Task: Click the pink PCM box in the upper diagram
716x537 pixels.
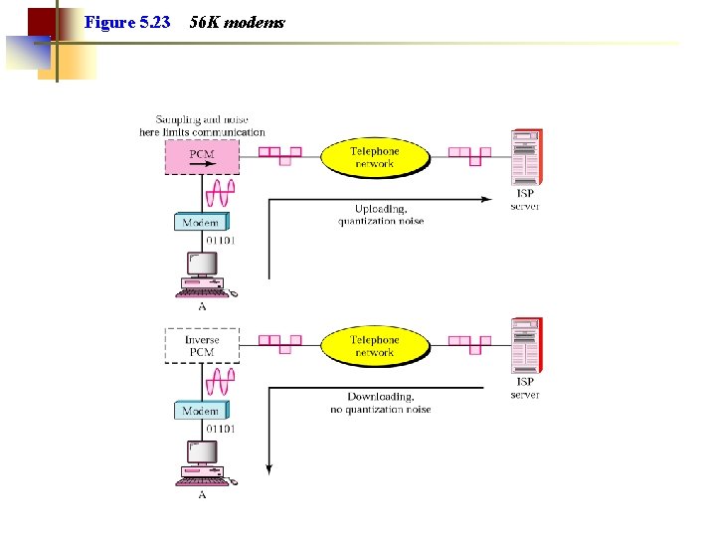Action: tap(201, 156)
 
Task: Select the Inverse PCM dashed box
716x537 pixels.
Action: tap(201, 345)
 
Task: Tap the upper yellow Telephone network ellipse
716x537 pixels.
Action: tap(374, 157)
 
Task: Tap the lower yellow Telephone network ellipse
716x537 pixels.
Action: tap(374, 345)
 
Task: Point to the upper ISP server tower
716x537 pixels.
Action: tap(525, 157)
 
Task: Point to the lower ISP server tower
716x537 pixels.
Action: tap(525, 345)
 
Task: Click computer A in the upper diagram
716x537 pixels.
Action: tap(204, 274)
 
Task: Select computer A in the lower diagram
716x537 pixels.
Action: tap(204, 462)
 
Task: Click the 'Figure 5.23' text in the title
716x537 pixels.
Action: tap(127, 22)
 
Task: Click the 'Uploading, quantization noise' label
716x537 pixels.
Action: tap(381, 215)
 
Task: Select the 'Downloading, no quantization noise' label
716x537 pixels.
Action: tap(381, 403)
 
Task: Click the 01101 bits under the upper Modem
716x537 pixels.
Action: tap(221, 241)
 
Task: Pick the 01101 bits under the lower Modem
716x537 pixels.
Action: tap(221, 429)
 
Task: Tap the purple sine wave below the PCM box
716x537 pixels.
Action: tap(219, 191)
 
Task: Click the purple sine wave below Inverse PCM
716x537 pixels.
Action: tap(219, 380)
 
